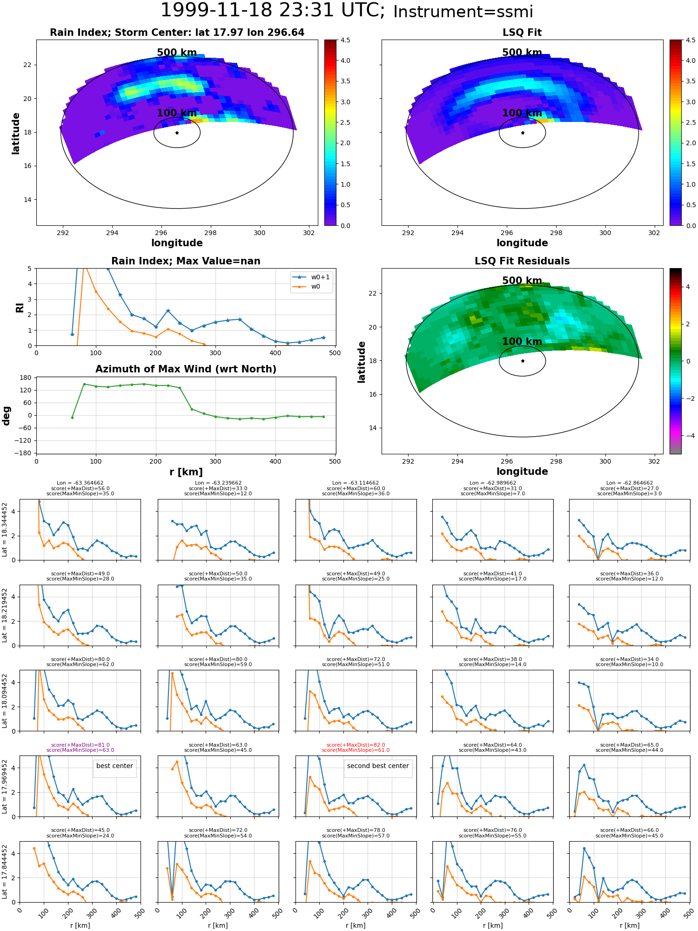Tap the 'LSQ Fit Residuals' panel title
522,261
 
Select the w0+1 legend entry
311,277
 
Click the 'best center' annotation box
114,766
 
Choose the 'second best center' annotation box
378,766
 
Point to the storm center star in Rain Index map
177,133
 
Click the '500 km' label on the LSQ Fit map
522,53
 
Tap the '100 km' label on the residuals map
522,342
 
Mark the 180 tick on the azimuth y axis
26,378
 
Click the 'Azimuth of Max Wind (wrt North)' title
186,369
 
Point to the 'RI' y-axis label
20,308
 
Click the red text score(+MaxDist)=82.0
356,745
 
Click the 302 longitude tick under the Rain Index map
309,233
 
